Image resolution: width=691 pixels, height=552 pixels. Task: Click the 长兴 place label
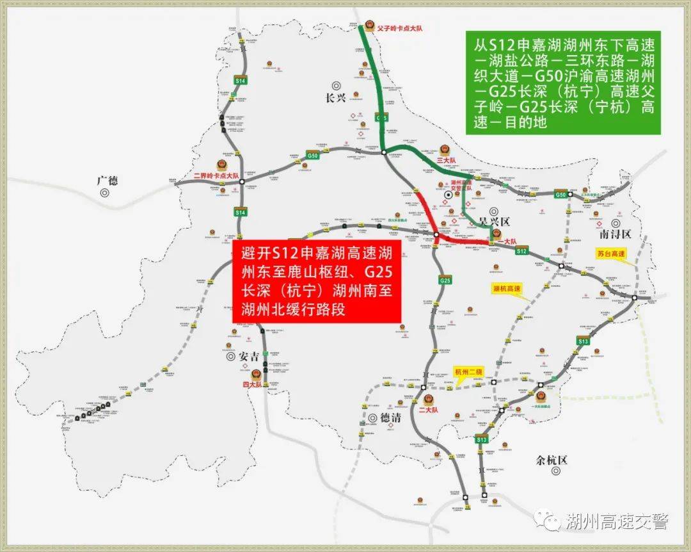coord(335,98)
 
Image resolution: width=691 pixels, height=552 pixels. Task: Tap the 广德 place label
coord(107,181)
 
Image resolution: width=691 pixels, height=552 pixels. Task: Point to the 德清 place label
coord(389,418)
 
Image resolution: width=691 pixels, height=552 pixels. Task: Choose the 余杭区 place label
coord(552,460)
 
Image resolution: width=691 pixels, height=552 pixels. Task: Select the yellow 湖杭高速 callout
coord(507,289)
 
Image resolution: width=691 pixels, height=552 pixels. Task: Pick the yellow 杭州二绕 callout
coord(469,371)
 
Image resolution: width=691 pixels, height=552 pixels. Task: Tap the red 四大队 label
coord(253,384)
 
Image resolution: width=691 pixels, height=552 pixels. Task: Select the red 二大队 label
coord(427,409)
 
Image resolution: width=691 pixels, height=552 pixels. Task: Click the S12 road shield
coord(521,251)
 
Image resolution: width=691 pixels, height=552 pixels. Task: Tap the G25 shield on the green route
coord(382,118)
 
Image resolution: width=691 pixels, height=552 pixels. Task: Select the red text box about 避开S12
coord(317,282)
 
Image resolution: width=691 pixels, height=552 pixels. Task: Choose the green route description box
coord(564,83)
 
